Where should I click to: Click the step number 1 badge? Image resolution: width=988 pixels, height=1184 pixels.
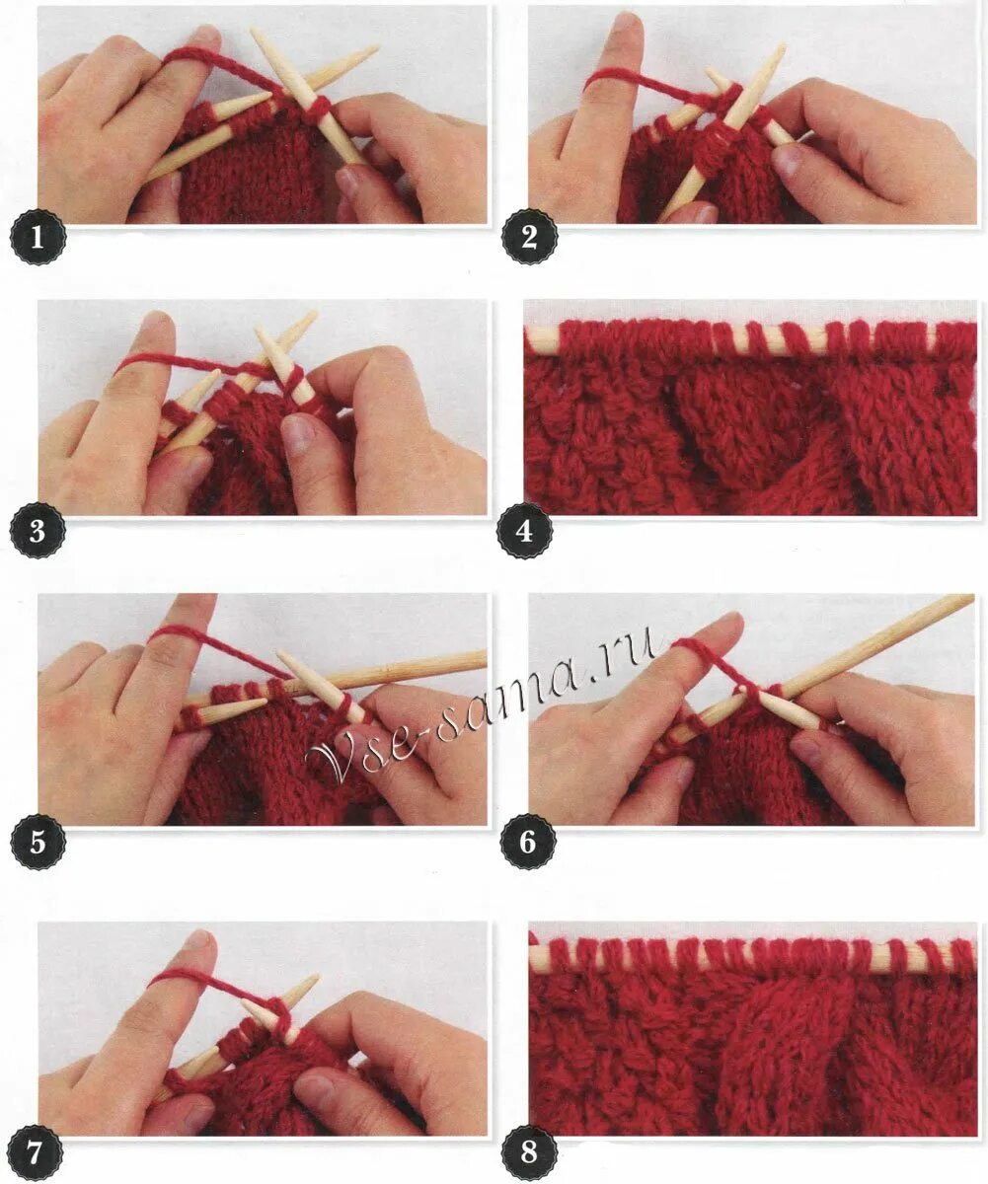click(38, 238)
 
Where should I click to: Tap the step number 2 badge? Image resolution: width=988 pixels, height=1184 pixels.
click(529, 237)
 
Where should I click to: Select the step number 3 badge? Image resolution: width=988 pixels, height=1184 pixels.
click(38, 532)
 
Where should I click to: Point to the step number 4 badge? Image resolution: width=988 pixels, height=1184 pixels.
click(525, 532)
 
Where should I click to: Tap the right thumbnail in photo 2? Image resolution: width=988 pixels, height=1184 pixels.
click(788, 159)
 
